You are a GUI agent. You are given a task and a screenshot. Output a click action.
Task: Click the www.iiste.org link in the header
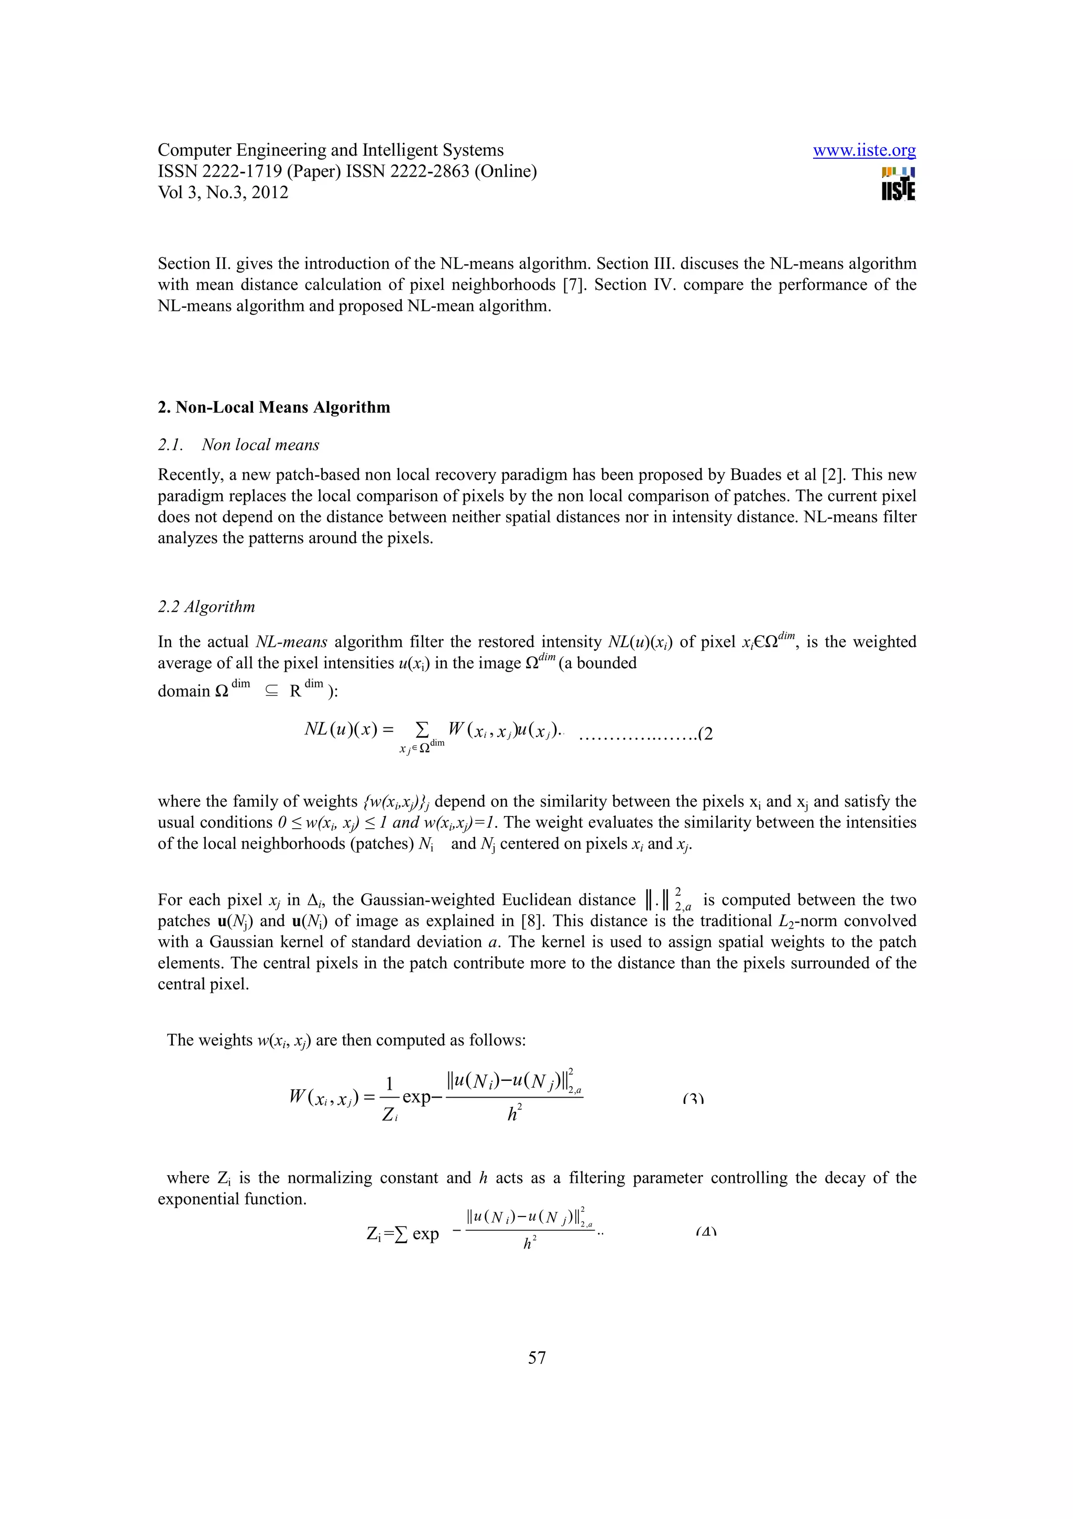(863, 150)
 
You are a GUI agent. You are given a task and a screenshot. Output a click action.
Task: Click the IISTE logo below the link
(898, 185)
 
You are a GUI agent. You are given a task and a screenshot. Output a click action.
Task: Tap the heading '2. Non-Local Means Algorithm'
(273, 407)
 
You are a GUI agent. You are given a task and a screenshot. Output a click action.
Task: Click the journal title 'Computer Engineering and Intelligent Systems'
(331, 150)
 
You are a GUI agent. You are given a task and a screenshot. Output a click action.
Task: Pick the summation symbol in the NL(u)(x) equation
(421, 730)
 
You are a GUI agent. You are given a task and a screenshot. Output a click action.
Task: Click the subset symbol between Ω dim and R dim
(271, 691)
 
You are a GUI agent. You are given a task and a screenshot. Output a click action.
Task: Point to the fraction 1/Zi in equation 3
(390, 1098)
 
